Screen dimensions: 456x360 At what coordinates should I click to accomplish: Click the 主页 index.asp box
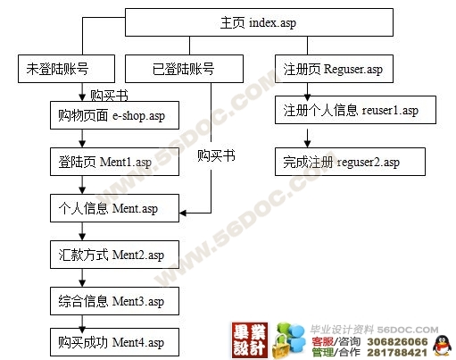[x=259, y=22]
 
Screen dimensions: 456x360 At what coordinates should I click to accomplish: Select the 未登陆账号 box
[x=66, y=69]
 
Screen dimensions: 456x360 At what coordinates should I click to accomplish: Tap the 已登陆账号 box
[x=184, y=69]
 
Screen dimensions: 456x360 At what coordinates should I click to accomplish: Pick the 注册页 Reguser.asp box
[x=334, y=69]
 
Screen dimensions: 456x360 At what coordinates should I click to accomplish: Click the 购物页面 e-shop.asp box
[x=114, y=115]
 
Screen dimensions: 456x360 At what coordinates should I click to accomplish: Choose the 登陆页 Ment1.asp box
[x=114, y=162]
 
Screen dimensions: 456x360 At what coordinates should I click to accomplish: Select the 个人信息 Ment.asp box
[x=114, y=208]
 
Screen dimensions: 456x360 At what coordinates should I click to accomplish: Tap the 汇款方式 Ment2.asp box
[x=114, y=255]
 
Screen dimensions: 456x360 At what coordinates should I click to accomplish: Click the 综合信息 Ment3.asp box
[x=114, y=301]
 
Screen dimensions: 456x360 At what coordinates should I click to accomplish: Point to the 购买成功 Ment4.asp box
[x=114, y=342]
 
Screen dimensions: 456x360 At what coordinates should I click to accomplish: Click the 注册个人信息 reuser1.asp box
[x=355, y=110]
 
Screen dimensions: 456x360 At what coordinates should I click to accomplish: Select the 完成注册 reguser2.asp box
[x=350, y=162]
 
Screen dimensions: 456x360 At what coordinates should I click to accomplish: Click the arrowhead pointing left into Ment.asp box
[x=183, y=213]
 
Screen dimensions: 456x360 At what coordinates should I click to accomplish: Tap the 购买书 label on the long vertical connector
[x=216, y=155]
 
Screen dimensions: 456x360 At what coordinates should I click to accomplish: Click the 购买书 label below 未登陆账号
[x=109, y=96]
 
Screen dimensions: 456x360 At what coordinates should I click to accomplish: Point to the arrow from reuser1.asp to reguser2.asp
[x=308, y=138]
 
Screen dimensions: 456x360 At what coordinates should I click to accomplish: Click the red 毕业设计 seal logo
[x=250, y=340]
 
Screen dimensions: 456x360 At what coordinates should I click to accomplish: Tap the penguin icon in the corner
[x=442, y=346]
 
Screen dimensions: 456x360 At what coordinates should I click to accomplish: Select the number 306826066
[x=397, y=341]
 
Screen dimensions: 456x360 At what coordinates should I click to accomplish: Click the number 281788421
[x=397, y=353]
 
